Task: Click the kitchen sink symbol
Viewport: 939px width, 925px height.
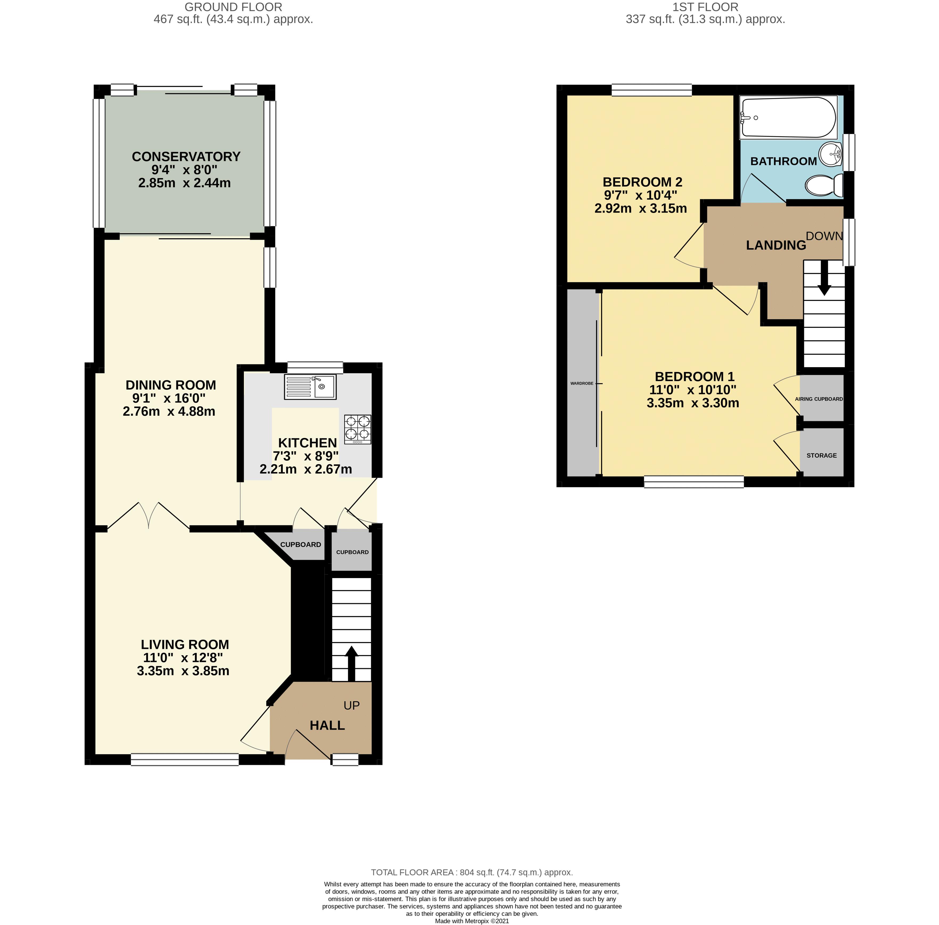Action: pos(309,387)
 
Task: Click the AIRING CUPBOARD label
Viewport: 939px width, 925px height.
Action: pos(819,399)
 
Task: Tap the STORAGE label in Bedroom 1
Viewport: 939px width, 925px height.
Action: pos(822,455)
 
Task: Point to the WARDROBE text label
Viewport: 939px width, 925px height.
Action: pos(581,383)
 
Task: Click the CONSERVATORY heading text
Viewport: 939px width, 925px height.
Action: pos(186,157)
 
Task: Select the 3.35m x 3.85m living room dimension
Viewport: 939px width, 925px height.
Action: pos(183,671)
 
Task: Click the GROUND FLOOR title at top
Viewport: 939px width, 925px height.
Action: pos(233,7)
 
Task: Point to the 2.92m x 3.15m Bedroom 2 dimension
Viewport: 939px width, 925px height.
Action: pos(640,208)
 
